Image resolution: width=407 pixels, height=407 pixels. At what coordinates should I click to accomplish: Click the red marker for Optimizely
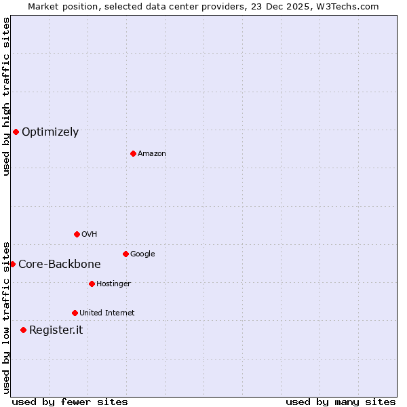tap(16, 132)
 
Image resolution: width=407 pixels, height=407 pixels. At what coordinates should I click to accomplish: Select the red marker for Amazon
tap(133, 153)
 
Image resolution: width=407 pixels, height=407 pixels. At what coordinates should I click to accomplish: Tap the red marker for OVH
tap(77, 234)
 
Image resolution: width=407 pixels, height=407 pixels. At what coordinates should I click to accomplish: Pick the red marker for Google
tap(125, 254)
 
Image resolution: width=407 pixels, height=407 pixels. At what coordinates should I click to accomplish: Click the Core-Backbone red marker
tap(12, 264)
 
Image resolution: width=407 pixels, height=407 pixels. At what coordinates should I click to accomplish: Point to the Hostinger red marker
tap(92, 284)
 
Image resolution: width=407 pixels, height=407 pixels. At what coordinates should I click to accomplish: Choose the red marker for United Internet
tap(75, 313)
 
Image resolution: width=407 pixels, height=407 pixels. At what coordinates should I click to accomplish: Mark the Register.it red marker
tap(23, 330)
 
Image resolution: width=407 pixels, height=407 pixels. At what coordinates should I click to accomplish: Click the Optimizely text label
tap(50, 132)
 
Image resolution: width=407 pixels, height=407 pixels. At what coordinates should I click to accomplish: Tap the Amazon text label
tap(152, 154)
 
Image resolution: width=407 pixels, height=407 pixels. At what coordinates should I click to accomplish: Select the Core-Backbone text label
tap(60, 265)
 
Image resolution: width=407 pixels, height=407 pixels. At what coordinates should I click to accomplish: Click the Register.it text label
tap(56, 330)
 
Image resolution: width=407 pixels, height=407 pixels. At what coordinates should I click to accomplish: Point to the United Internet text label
tap(107, 313)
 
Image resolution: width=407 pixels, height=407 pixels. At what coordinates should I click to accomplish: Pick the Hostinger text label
tap(113, 284)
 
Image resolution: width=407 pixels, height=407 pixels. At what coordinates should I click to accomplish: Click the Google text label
tap(142, 254)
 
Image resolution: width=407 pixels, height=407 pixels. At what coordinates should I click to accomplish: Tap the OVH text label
tap(90, 235)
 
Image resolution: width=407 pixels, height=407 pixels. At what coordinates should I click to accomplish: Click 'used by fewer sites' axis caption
tap(70, 402)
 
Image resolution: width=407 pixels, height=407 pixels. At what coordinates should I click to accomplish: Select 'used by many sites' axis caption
tap(341, 402)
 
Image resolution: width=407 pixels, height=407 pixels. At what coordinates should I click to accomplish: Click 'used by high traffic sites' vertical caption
tap(6, 96)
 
